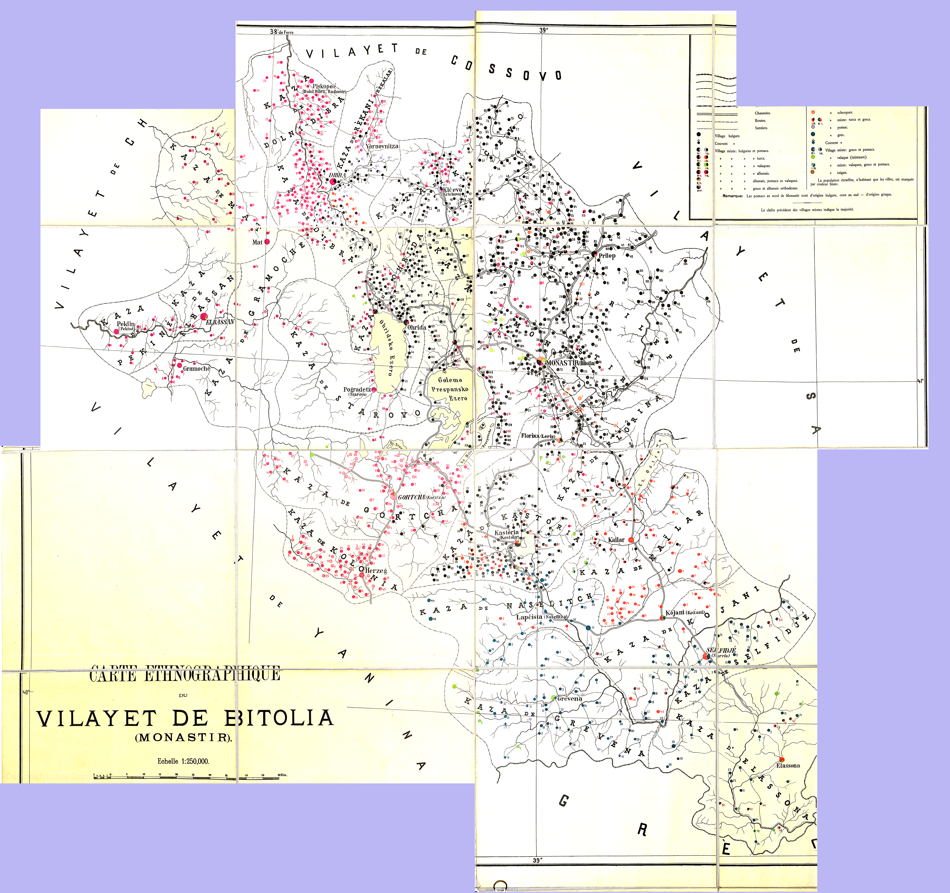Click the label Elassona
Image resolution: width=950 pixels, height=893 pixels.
pos(788,765)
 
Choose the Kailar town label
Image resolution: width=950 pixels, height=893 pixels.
pos(616,540)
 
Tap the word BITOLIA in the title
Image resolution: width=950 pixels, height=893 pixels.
pos(279,718)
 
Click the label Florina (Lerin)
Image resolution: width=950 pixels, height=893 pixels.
pos(538,436)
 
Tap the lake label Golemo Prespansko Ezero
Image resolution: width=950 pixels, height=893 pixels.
pos(450,389)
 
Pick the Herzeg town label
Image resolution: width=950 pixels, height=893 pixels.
pos(376,570)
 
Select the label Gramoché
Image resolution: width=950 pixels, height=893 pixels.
pos(196,368)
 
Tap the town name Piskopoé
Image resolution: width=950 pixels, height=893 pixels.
pos(324,86)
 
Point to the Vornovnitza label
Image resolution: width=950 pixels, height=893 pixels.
pos(382,146)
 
